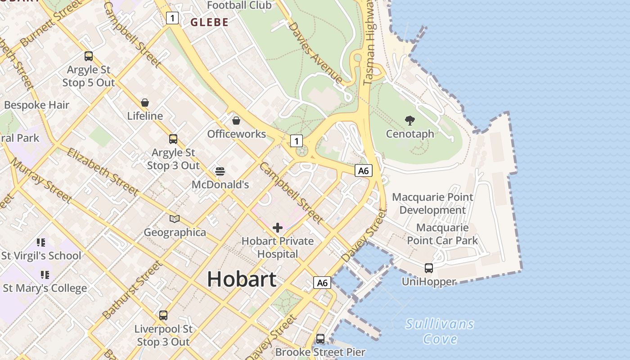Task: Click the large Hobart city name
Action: tap(242, 279)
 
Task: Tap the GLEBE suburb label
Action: tap(209, 22)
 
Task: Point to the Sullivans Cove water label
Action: tap(440, 331)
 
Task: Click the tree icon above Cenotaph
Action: tap(409, 121)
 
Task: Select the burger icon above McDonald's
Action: tap(220, 171)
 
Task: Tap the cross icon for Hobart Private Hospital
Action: tap(278, 228)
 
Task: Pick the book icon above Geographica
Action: tap(175, 219)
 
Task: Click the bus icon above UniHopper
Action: tap(429, 268)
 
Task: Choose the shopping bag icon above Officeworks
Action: tap(236, 121)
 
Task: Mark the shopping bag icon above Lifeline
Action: tap(145, 103)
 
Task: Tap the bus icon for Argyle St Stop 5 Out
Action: tap(89, 56)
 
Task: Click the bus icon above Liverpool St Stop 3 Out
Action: tap(163, 315)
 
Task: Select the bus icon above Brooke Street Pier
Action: tap(320, 338)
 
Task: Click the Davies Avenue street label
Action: tap(315, 52)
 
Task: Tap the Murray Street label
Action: tap(41, 180)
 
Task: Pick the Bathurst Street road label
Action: tap(132, 290)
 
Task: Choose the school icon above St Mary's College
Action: tap(45, 274)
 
